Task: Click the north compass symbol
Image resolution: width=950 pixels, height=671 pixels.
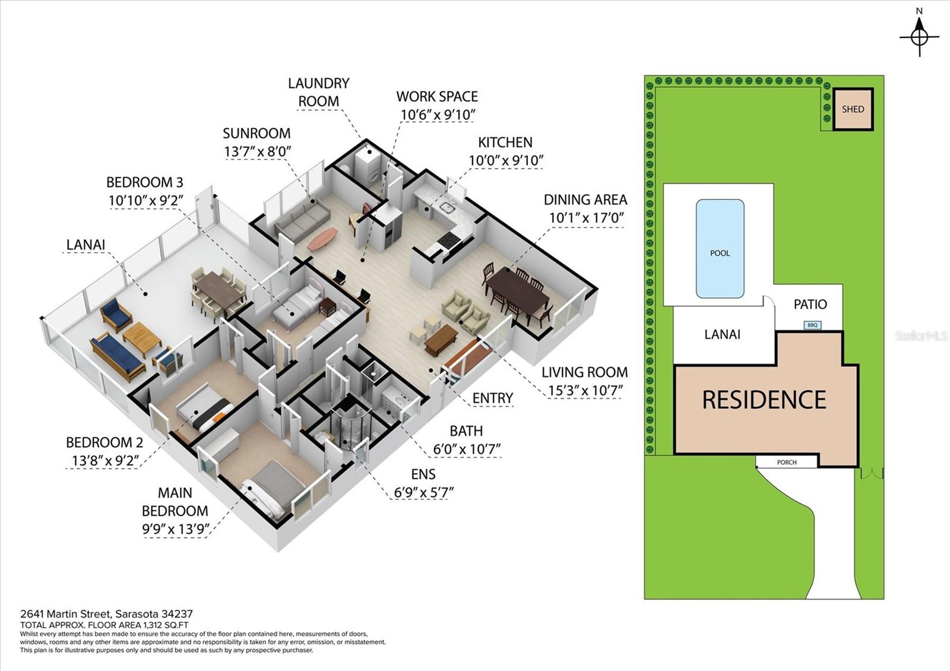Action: coord(919,36)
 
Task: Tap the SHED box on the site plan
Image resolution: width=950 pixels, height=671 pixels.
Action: coord(853,109)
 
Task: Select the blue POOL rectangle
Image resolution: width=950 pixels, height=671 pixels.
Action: coord(720,249)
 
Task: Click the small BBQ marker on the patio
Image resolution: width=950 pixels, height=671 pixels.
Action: coord(812,325)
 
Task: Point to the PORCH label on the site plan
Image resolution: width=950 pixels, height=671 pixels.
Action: coord(787,462)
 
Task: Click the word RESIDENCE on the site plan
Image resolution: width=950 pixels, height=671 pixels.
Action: coord(764,400)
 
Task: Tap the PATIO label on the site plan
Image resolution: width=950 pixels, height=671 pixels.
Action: coord(810,304)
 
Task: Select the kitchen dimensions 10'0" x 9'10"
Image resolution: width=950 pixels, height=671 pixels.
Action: coord(506,160)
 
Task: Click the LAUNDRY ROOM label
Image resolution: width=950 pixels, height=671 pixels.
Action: coord(319,92)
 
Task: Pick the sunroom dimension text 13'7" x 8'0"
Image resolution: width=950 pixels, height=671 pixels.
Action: coord(257,151)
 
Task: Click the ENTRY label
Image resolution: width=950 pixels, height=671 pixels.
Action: coord(493,398)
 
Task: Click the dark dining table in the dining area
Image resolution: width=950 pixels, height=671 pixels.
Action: coord(517,291)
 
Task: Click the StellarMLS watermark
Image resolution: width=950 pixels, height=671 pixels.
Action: coord(921,336)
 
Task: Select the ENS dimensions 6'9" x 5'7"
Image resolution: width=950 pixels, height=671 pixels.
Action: coord(423,492)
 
